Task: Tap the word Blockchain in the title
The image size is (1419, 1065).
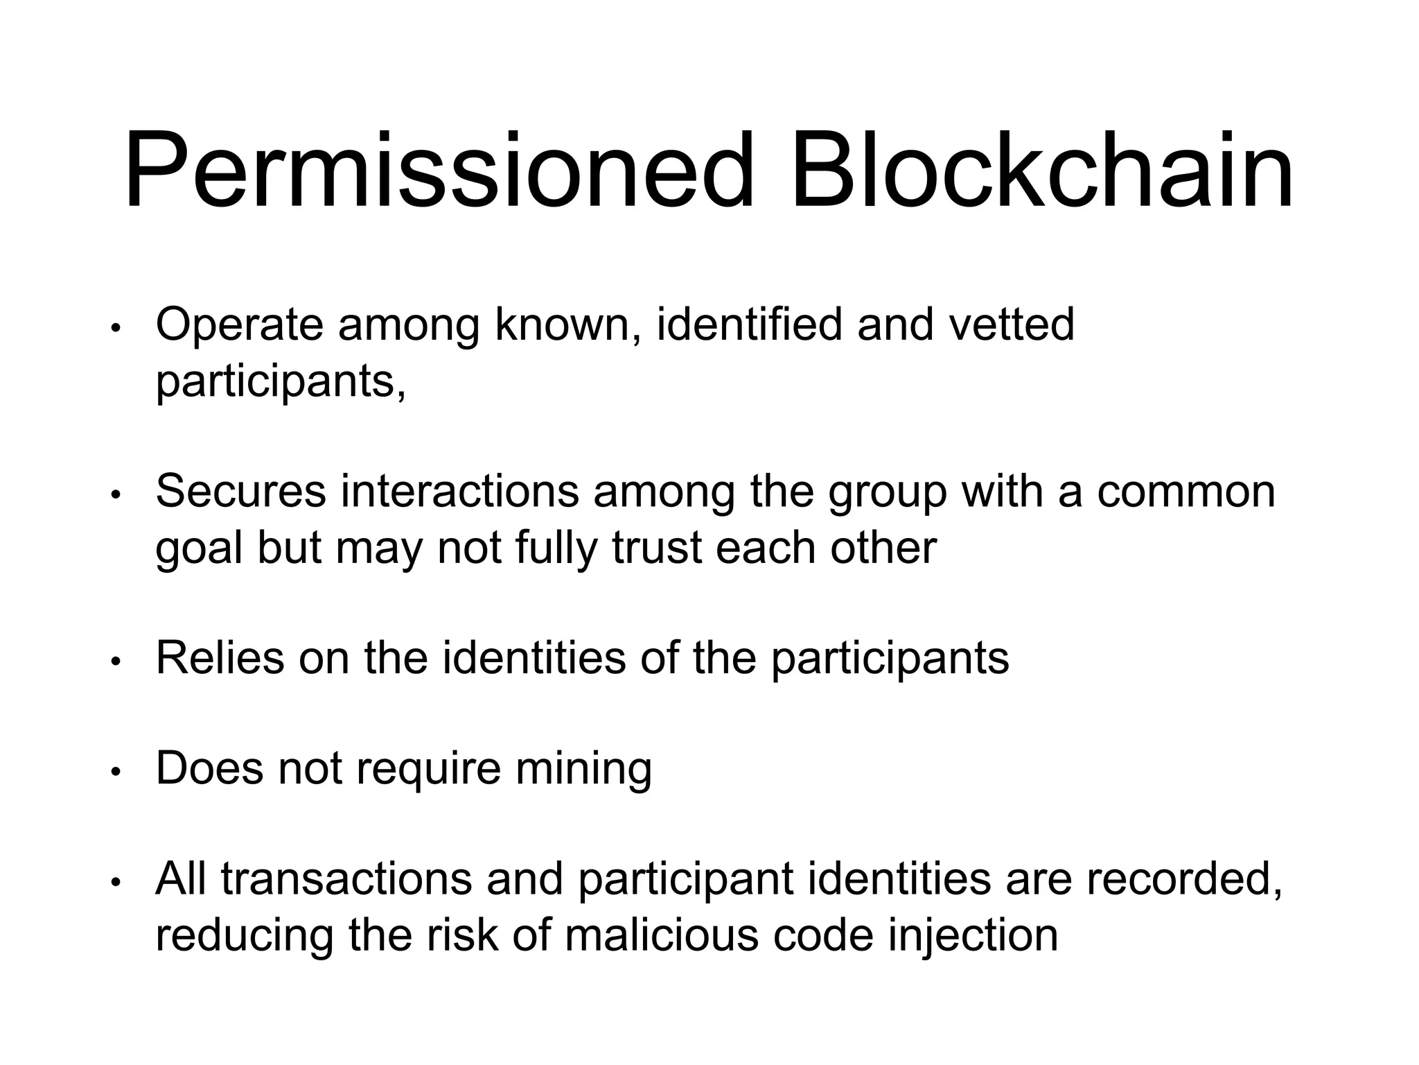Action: pyautogui.click(x=1042, y=171)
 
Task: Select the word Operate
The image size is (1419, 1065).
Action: pyautogui.click(x=239, y=324)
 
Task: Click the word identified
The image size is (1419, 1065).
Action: pyautogui.click(x=748, y=324)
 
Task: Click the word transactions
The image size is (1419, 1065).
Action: pyautogui.click(x=346, y=879)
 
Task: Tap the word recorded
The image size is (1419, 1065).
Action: pyautogui.click(x=1184, y=879)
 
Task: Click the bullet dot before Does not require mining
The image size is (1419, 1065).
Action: pyautogui.click(x=116, y=771)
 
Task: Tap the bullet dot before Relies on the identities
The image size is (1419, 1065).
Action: pyautogui.click(x=116, y=661)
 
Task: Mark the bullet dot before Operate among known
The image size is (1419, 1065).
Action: pyautogui.click(x=116, y=328)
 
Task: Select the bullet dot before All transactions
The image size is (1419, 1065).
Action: pyautogui.click(x=116, y=882)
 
